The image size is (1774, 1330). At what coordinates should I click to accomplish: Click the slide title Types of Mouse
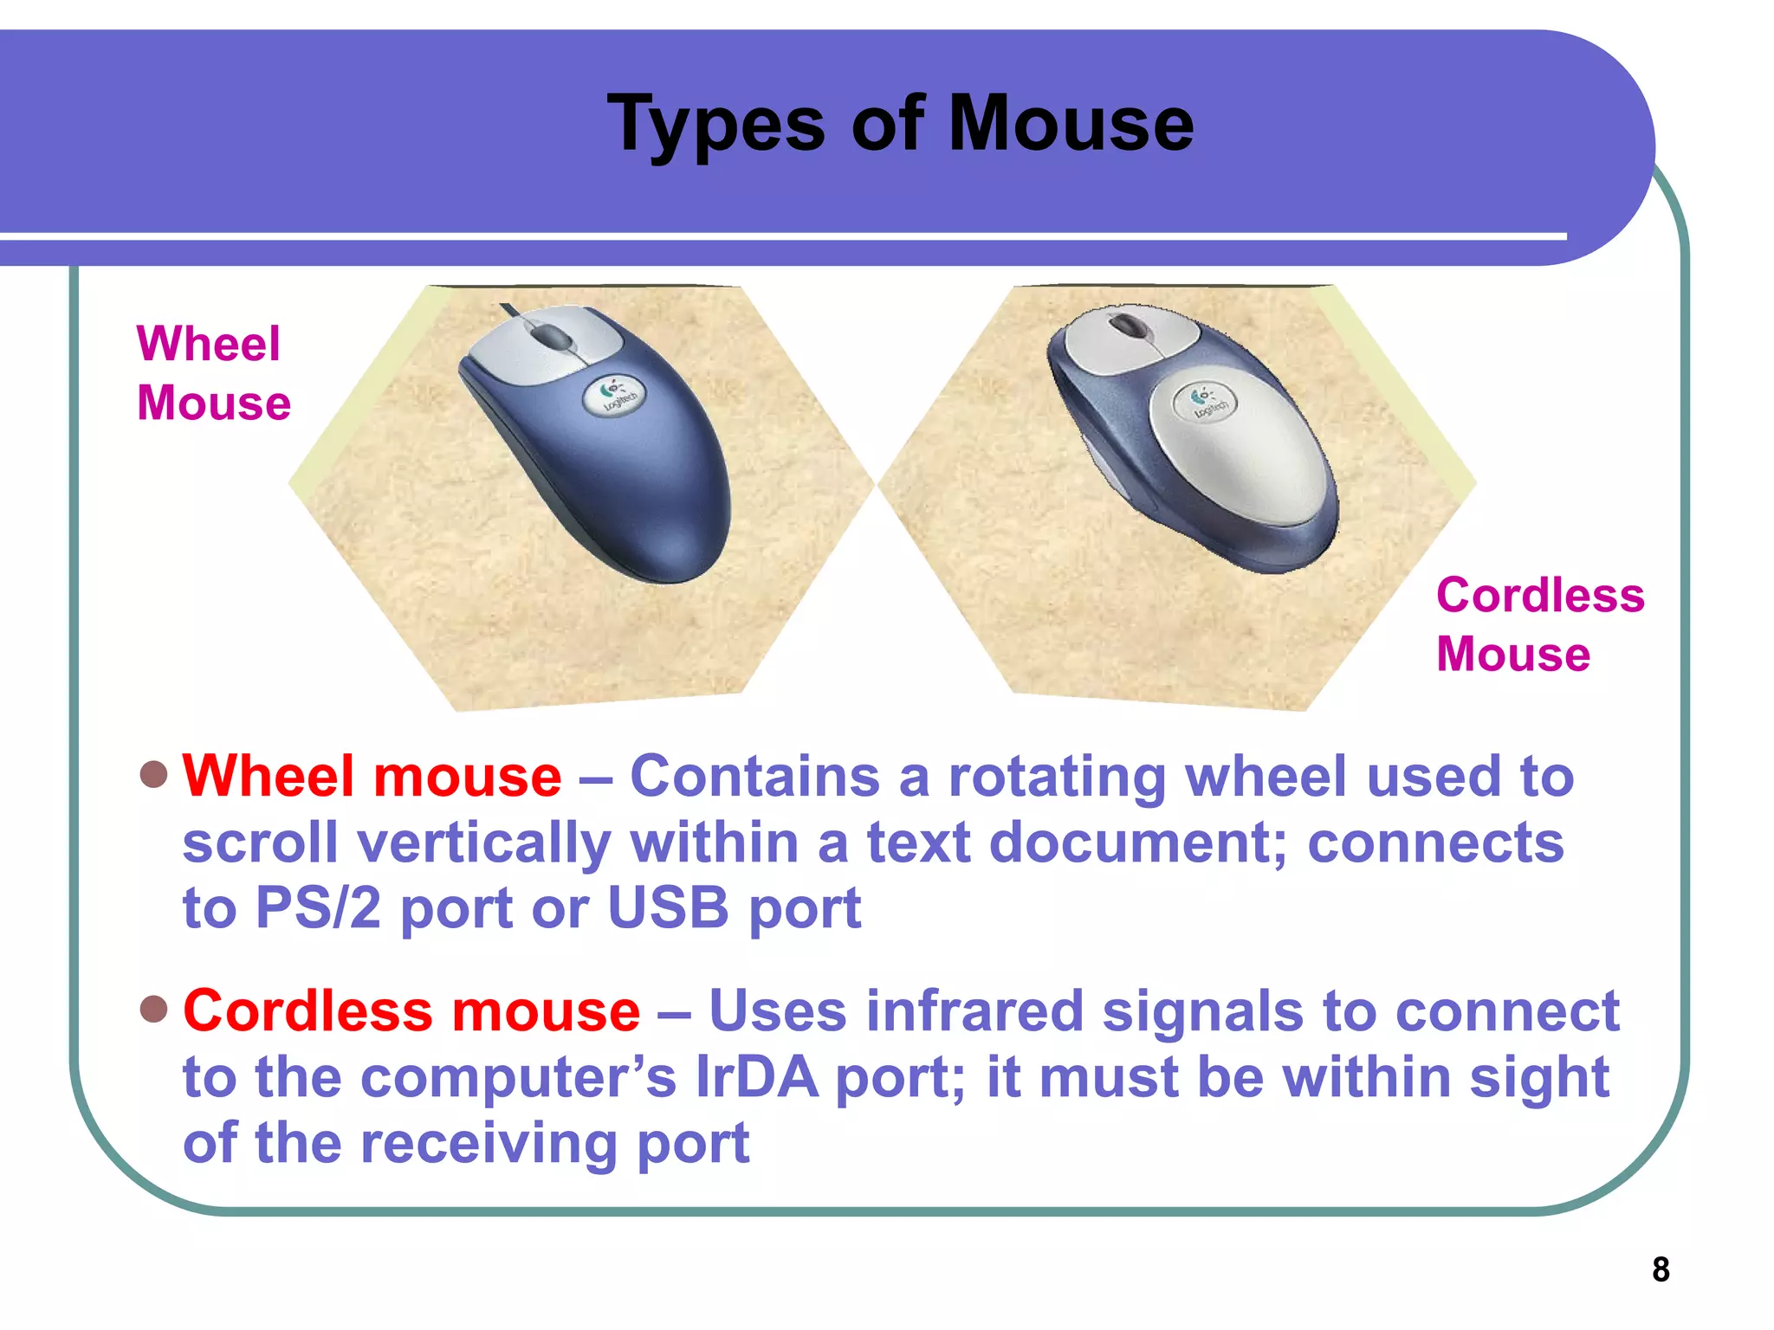[901, 124]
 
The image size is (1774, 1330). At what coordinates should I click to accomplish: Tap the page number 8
[1660, 1269]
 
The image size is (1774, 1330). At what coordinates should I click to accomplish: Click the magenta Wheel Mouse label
[212, 373]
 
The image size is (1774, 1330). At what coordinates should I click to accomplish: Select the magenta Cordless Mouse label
[1539, 624]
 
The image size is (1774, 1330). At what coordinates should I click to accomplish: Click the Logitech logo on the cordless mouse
[1205, 402]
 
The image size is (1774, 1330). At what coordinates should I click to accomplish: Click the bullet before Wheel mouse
[153, 774]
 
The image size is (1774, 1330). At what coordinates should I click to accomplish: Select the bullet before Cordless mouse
[153, 1009]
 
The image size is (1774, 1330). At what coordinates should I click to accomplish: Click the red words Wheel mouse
[372, 776]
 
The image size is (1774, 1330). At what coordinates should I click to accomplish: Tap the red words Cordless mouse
[411, 1010]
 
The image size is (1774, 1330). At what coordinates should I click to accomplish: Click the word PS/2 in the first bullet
[317, 908]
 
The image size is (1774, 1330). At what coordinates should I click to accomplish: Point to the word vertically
[484, 843]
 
